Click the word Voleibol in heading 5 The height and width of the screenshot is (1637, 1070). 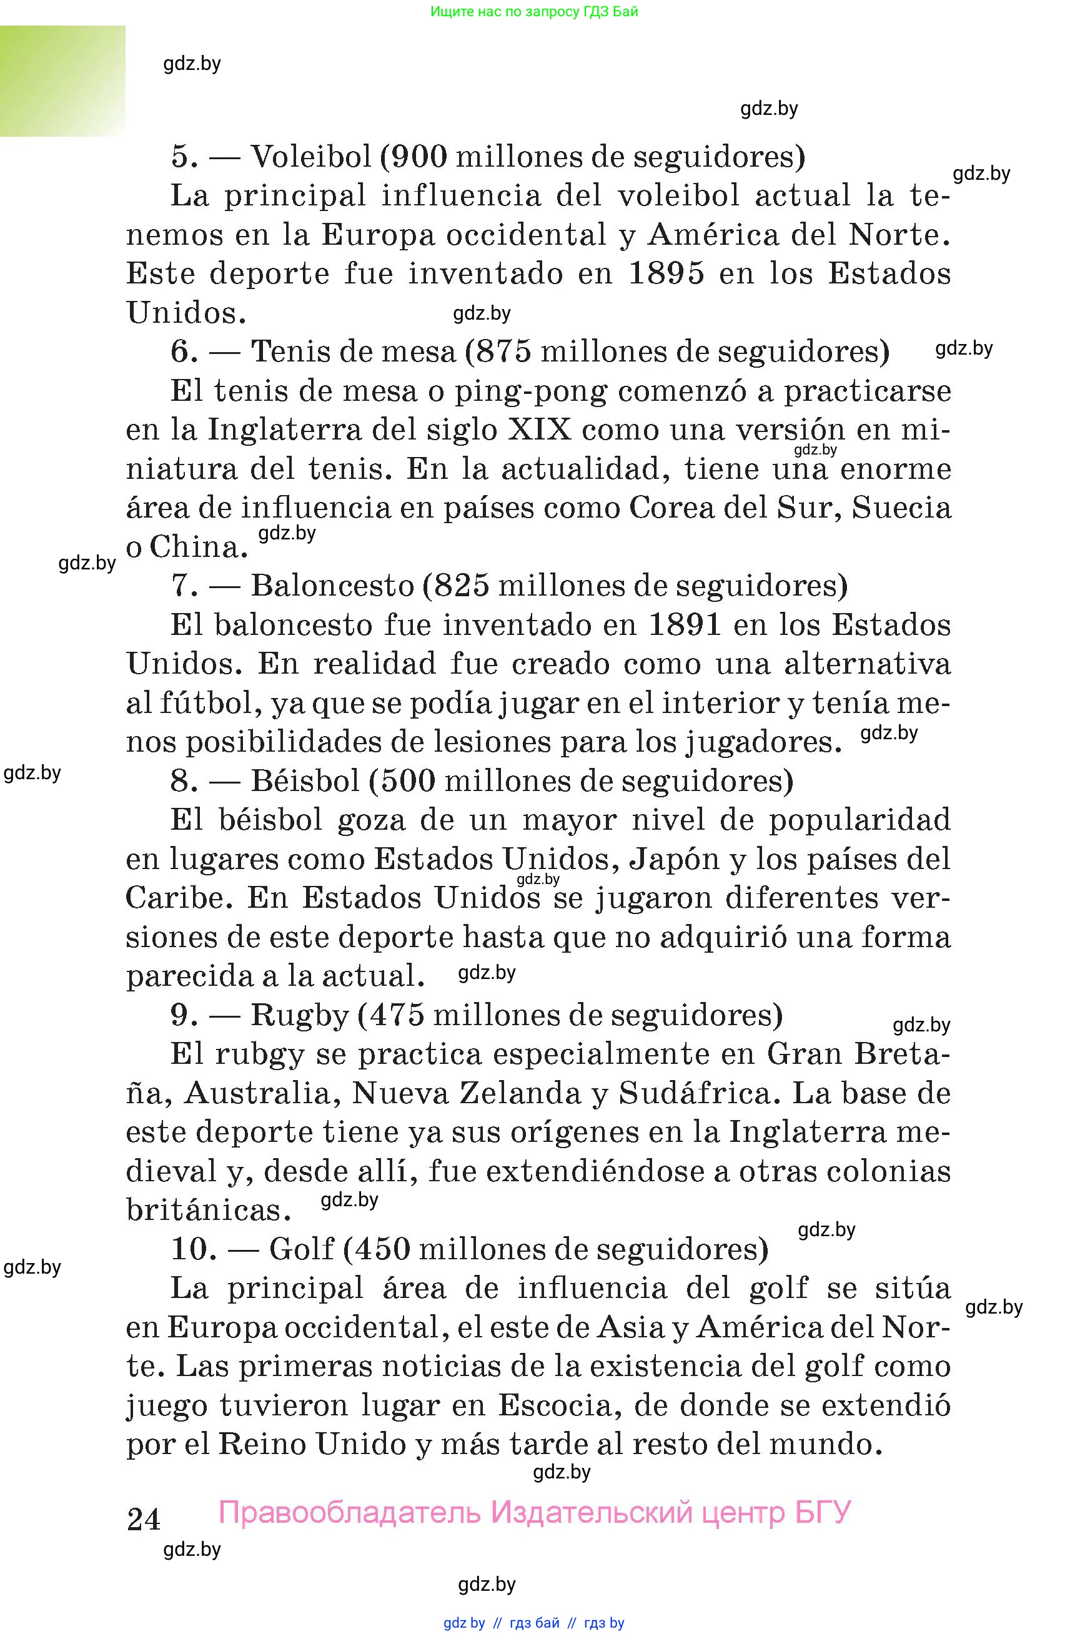[x=311, y=157]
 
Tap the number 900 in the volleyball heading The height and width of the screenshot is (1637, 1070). [x=420, y=157]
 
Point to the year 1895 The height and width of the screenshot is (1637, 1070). [x=666, y=273]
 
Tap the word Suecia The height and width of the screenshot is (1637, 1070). [x=901, y=508]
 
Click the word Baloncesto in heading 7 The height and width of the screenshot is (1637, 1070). [x=332, y=586]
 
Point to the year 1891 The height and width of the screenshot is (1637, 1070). [x=685, y=625]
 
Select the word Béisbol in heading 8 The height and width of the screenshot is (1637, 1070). [x=305, y=780]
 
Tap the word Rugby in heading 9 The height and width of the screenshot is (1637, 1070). [x=300, y=1015]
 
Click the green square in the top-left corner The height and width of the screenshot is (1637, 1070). [x=62, y=81]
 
